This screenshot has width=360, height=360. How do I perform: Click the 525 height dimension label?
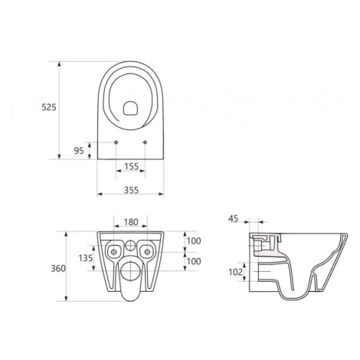49,107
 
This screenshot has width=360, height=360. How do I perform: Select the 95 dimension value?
79,151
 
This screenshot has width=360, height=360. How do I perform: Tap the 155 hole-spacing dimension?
131,166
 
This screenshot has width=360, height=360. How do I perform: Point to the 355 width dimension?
131,190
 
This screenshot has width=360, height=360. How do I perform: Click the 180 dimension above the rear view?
131,222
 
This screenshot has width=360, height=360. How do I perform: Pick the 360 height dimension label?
58,269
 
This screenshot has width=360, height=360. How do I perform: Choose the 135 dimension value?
86,258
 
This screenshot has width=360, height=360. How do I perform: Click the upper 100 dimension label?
194,241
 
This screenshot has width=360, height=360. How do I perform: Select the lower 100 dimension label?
194,261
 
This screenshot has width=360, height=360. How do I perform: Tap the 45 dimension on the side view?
233,218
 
